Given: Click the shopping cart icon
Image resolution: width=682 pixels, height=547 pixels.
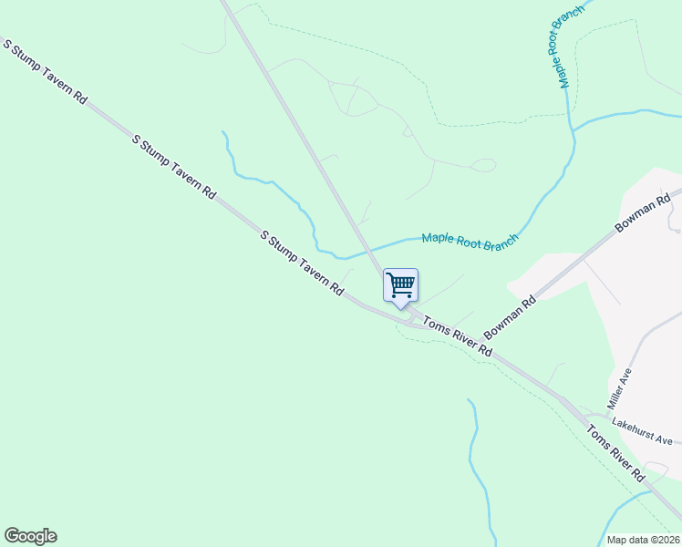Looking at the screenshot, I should click(x=400, y=285).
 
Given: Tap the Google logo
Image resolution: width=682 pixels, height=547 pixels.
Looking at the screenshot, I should click(x=30, y=536).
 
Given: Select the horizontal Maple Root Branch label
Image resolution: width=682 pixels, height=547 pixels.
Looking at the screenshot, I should click(x=470, y=239).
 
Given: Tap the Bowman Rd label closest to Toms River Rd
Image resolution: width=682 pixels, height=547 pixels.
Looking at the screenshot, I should click(x=509, y=315).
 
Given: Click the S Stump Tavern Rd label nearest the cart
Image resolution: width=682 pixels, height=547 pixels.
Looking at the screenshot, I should click(x=301, y=263).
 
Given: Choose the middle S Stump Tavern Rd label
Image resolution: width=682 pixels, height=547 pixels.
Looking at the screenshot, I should click(x=173, y=167).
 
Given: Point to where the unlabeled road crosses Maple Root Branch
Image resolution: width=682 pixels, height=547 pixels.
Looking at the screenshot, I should click(x=368, y=248).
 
